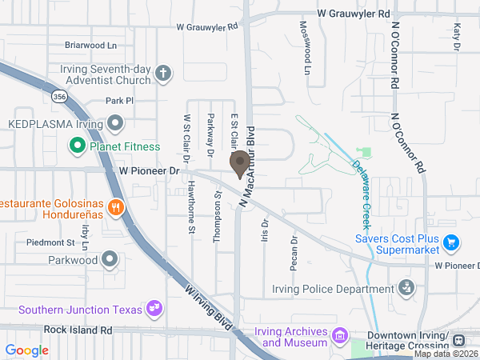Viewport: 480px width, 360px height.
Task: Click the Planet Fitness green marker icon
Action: coord(78,146)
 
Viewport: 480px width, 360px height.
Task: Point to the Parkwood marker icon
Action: coord(110,259)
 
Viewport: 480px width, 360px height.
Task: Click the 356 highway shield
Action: coord(59,96)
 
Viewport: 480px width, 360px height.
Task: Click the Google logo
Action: coord(27,350)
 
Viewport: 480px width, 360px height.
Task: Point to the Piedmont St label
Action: coord(50,242)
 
